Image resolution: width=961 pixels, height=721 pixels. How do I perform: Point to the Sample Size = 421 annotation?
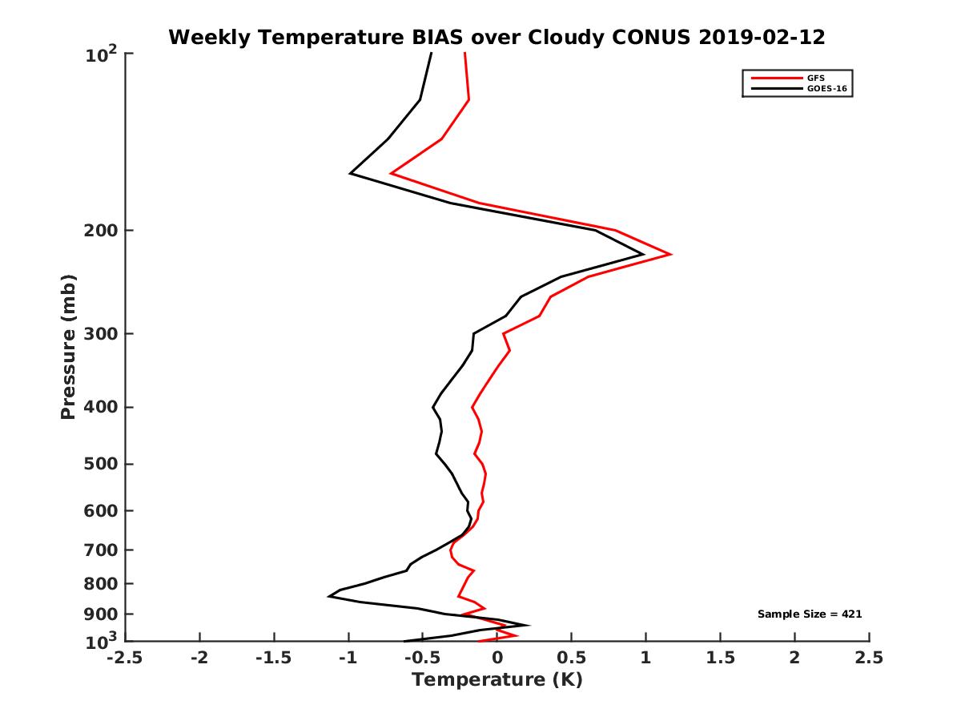click(810, 614)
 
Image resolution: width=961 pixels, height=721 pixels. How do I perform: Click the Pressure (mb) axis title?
click(68, 347)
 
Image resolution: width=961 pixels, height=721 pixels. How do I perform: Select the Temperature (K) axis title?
click(497, 681)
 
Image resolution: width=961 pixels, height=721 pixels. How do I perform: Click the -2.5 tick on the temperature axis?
click(126, 658)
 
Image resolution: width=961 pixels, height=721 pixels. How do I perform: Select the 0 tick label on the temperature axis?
click(497, 658)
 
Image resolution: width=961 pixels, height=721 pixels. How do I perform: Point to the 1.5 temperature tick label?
click(721, 658)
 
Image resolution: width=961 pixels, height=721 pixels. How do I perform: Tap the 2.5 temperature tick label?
click(869, 658)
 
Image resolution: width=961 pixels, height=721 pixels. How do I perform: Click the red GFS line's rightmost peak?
click(670, 255)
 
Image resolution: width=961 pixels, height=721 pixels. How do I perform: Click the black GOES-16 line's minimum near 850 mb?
click(329, 596)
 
